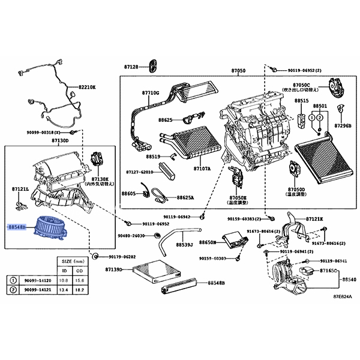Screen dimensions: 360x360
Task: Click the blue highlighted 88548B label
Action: [16, 228]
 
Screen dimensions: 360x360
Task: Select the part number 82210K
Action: [86, 87]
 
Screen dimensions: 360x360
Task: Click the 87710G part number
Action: [151, 93]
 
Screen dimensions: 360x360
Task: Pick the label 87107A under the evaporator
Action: [202, 169]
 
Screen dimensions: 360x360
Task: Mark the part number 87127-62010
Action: [139, 172]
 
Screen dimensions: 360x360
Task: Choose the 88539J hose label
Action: [184, 245]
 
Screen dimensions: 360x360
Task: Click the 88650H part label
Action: [207, 242]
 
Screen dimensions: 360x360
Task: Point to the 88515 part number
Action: [302, 101]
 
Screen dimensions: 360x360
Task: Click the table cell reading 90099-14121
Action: [37, 289]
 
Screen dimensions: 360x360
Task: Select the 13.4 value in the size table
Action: [65, 289]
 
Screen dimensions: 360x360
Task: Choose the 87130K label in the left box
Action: [100, 178]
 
